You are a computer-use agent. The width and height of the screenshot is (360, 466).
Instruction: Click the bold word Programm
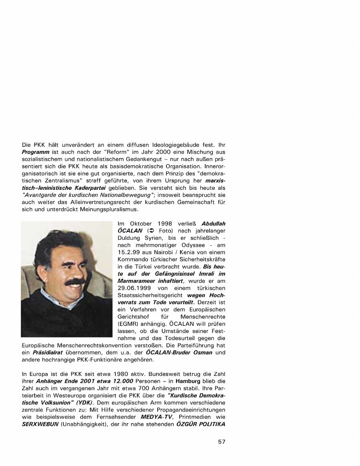tap(36, 152)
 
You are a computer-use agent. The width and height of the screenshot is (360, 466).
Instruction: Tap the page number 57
tap(222, 442)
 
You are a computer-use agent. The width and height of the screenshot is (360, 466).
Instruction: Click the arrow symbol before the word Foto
tap(151, 231)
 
